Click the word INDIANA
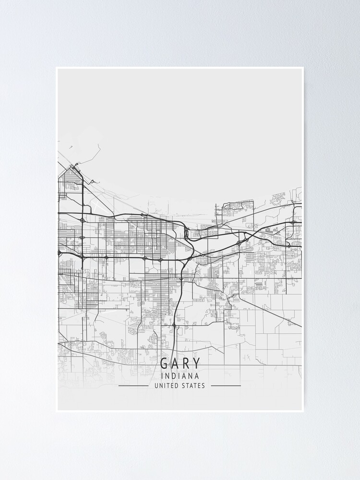pos(180,376)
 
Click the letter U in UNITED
pos(156,385)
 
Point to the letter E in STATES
pos(199,385)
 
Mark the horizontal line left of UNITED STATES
pos(133,385)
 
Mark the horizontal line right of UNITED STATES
pos(226,385)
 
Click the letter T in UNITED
pos(168,385)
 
